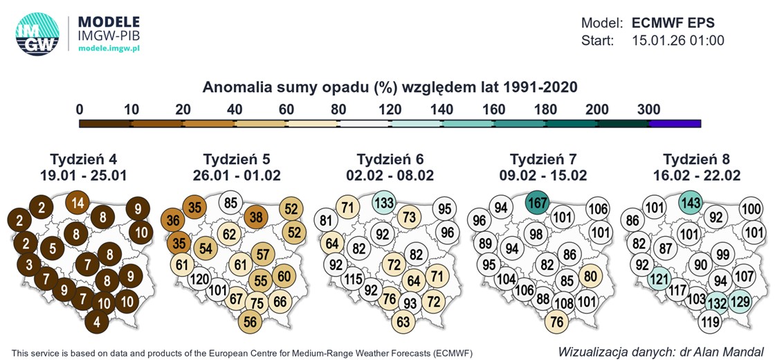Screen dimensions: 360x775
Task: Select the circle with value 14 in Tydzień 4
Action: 78,204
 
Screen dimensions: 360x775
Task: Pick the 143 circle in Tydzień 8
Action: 691,204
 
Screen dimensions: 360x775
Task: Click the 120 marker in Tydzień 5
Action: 200,280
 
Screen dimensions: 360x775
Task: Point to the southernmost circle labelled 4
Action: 98,321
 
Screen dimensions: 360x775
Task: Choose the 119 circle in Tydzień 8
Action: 710,321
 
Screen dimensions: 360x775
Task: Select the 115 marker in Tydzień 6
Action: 353,280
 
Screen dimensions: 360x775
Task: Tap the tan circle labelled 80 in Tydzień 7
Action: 590,276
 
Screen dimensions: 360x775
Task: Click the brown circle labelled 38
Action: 256,217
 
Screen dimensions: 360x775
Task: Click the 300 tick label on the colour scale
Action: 649,109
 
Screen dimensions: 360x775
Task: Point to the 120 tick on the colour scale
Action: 390,109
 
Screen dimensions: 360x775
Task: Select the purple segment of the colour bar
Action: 675,123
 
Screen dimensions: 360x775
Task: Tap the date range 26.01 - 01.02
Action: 241,175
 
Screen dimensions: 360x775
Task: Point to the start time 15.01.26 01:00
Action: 678,41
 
